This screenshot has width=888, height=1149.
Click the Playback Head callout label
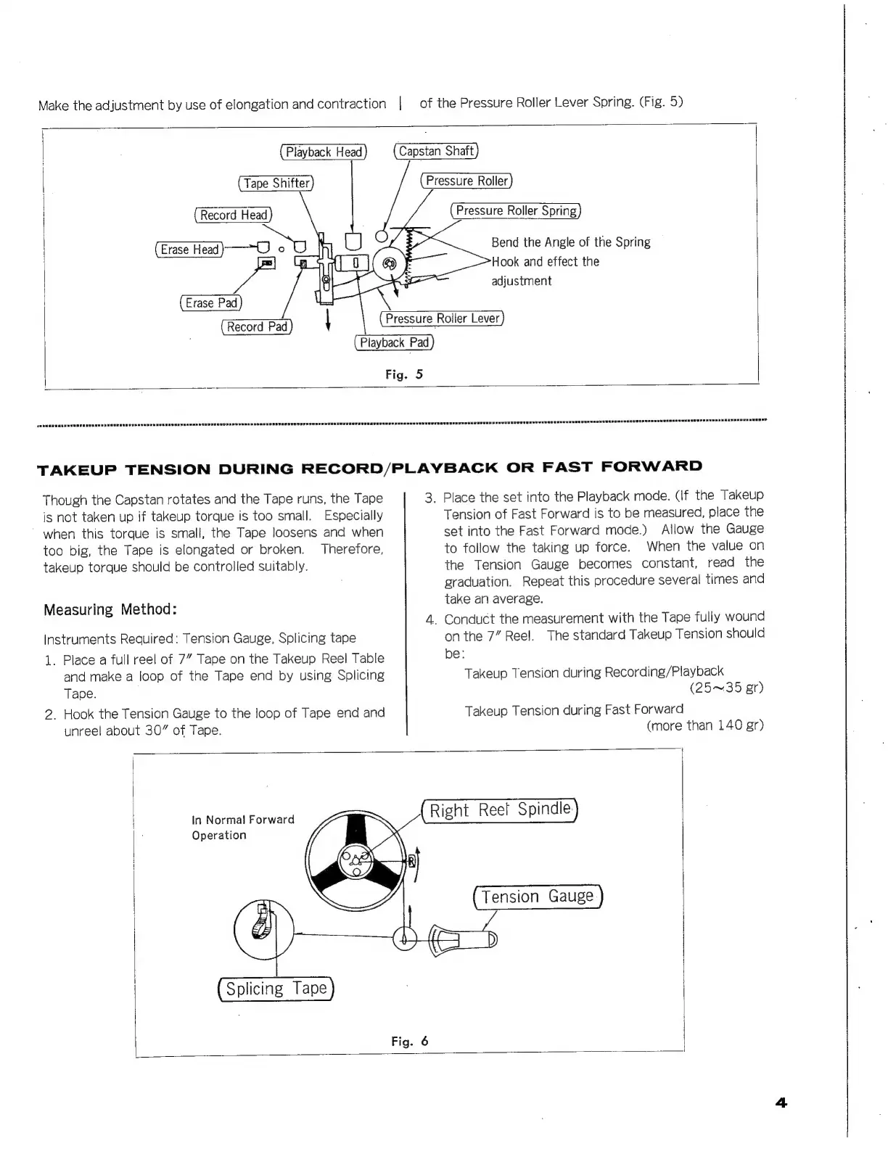point(324,152)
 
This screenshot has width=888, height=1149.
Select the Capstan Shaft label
point(436,151)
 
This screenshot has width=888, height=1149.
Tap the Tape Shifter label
point(276,184)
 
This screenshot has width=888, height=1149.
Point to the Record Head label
point(234,215)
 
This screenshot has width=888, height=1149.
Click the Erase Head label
point(189,250)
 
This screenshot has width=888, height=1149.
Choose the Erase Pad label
point(211,303)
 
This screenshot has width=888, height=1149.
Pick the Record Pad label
point(257,327)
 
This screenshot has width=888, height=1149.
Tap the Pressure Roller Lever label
point(442,318)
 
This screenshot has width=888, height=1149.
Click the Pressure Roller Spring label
point(516,211)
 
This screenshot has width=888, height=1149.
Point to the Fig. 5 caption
point(403,374)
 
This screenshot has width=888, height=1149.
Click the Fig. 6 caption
point(409,1042)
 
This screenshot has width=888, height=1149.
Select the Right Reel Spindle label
point(500,810)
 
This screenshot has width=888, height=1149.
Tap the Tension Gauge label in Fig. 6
point(538,897)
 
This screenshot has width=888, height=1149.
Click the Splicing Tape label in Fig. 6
point(276,989)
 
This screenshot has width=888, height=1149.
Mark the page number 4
point(781,1103)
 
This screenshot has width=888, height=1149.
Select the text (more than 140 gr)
point(704,725)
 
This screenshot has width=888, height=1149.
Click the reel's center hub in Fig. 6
point(356,861)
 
